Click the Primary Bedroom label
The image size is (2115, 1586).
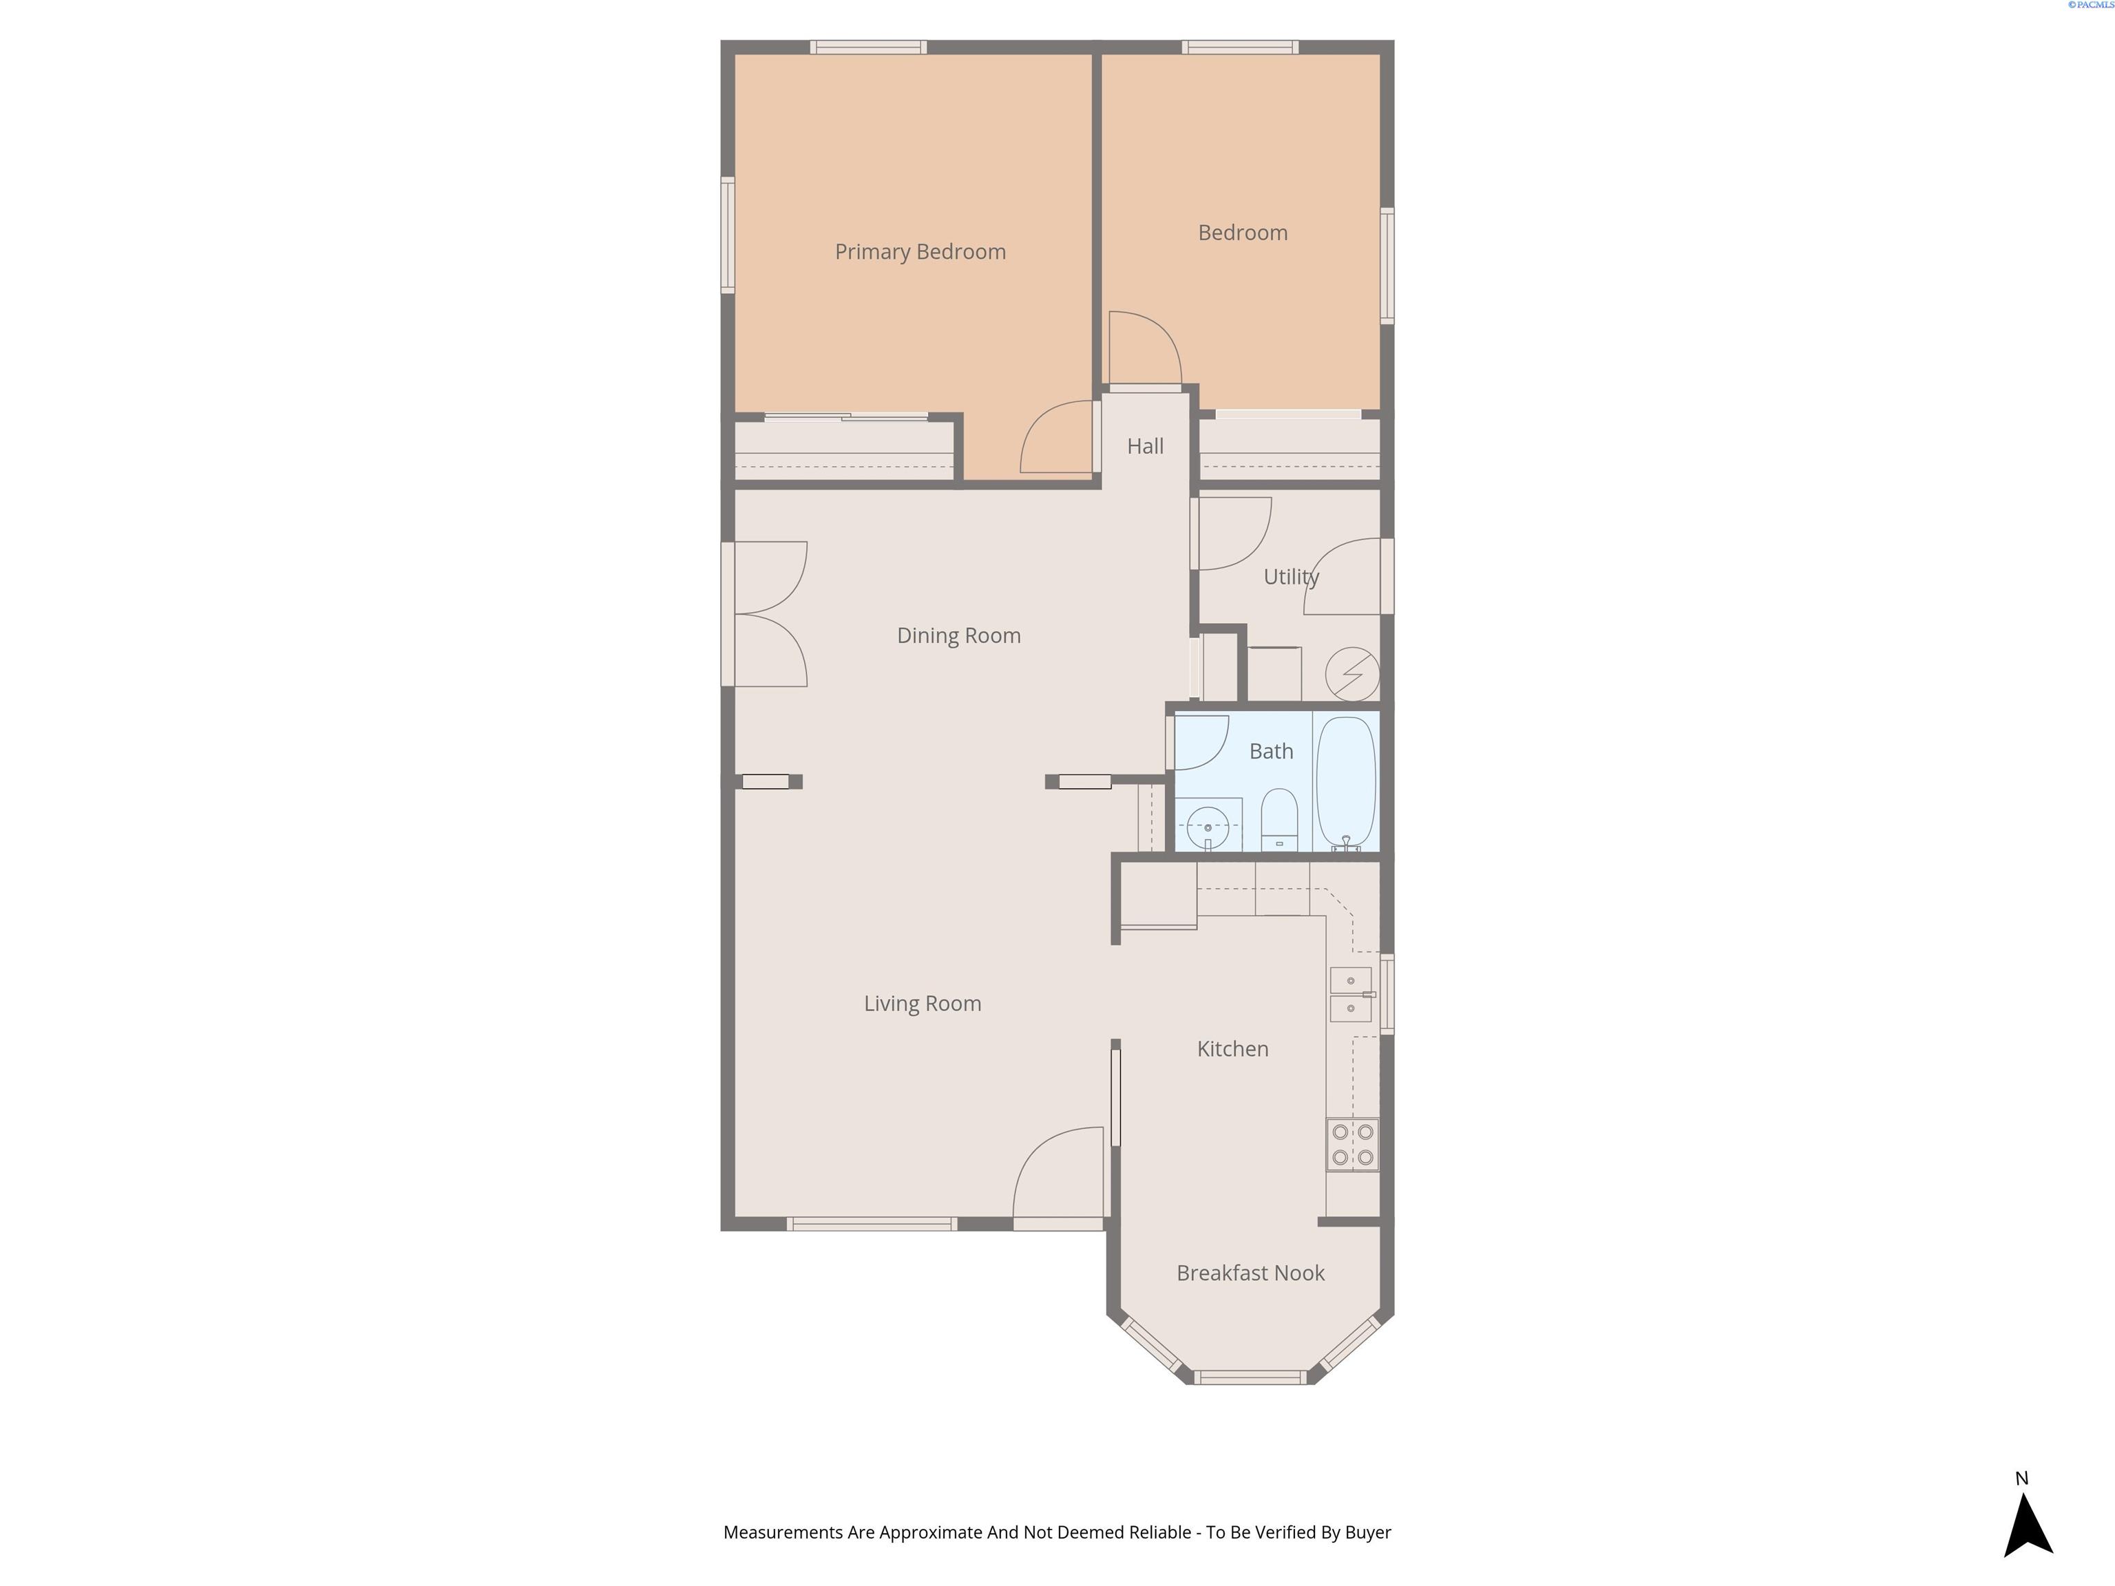[920, 253]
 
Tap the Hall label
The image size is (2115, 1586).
[1144, 447]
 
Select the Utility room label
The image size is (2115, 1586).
[1291, 578]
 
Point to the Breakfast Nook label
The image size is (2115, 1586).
[1250, 1273]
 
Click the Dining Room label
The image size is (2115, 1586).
[958, 637]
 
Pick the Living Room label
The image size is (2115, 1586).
[922, 1004]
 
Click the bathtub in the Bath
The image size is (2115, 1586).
[1345, 783]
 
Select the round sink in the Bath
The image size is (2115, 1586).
[1208, 827]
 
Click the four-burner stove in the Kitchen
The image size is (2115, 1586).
[1352, 1144]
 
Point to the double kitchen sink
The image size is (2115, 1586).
[1351, 994]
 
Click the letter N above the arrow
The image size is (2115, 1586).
[2021, 1478]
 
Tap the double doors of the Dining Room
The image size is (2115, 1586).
[770, 614]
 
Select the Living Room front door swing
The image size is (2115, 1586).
[1057, 1172]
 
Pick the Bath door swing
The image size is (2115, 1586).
[1201, 742]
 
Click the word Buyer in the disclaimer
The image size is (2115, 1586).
[1367, 1532]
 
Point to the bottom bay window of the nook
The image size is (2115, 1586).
[1250, 1377]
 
